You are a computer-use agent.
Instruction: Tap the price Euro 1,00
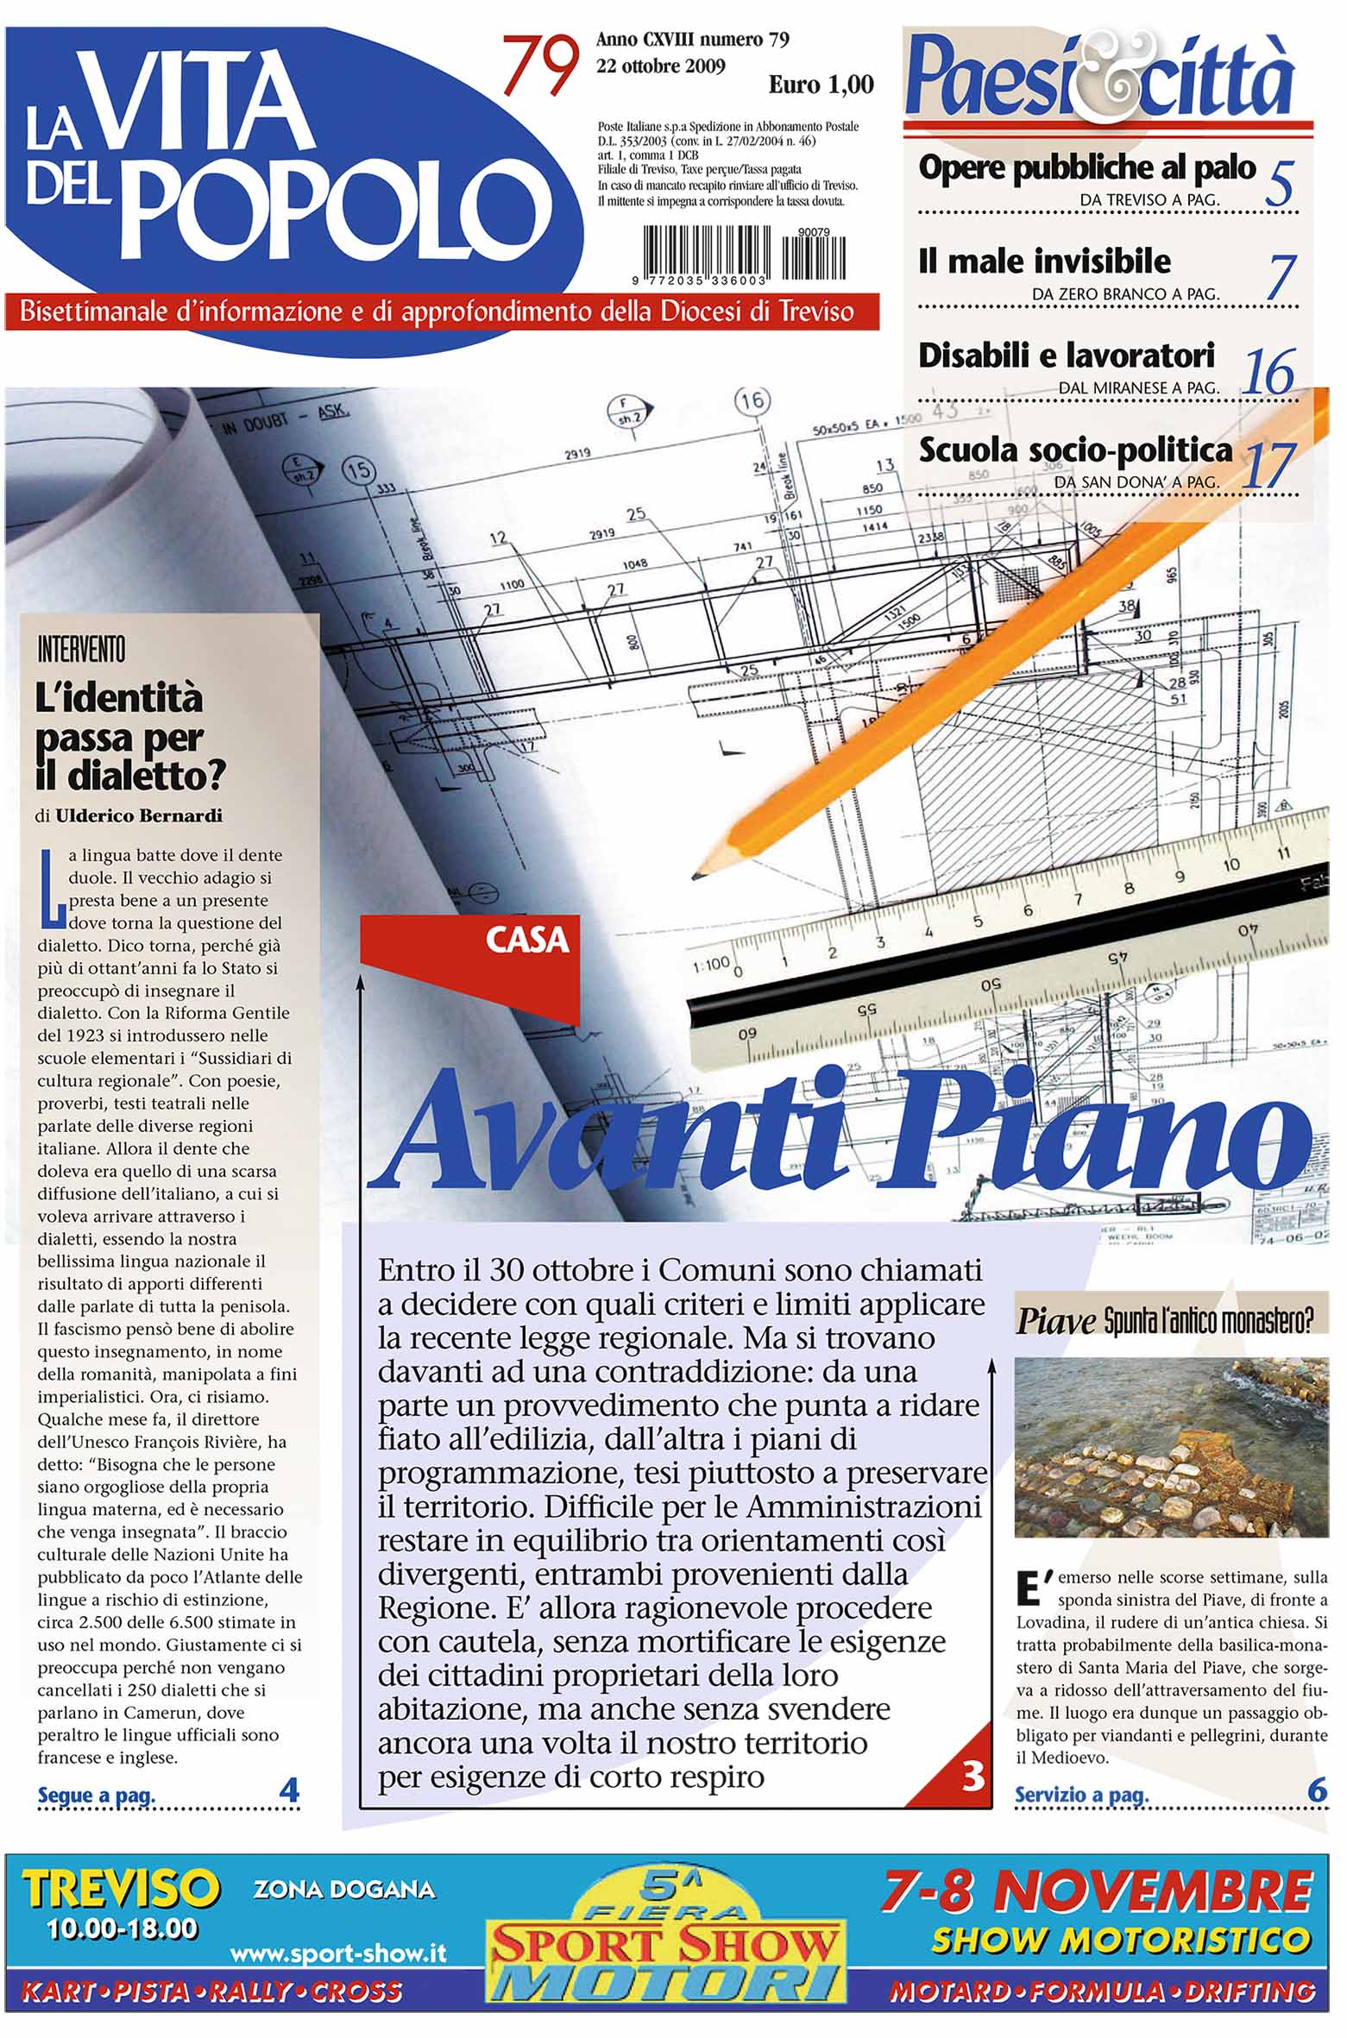pos(821,85)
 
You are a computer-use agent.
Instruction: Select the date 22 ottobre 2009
pos(661,66)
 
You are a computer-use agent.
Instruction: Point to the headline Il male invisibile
pos(1044,261)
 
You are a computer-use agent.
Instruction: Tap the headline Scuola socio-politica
pos(1075,450)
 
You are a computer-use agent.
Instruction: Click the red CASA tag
pos(527,940)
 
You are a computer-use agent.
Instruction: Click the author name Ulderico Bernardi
pos(139,815)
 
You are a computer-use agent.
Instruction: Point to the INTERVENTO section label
pos(82,650)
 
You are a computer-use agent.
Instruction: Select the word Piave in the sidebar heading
pos(1055,1321)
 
